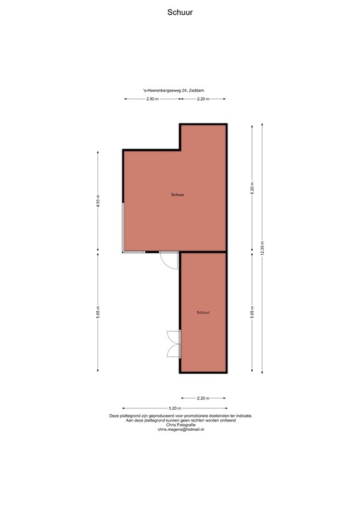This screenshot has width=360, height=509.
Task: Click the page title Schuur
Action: pos(180,11)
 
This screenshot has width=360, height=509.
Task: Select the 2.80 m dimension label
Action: pos(152,99)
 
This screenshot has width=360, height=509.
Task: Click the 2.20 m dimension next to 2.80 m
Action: pos(204,99)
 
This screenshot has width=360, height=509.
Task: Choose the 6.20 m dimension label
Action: pos(252,188)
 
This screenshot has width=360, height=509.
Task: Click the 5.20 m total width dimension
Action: pos(174,408)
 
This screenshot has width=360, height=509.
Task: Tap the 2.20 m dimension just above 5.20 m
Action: pos(204,398)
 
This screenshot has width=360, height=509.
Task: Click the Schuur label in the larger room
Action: pos(177,195)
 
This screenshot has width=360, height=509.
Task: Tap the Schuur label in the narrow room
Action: pos(204,312)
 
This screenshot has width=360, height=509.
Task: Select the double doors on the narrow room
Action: pos(174,344)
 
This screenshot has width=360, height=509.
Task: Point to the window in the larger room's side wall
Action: pos(123,227)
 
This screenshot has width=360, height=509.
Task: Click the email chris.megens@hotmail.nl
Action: pos(180,430)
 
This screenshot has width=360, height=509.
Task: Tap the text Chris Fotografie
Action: pos(180,425)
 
